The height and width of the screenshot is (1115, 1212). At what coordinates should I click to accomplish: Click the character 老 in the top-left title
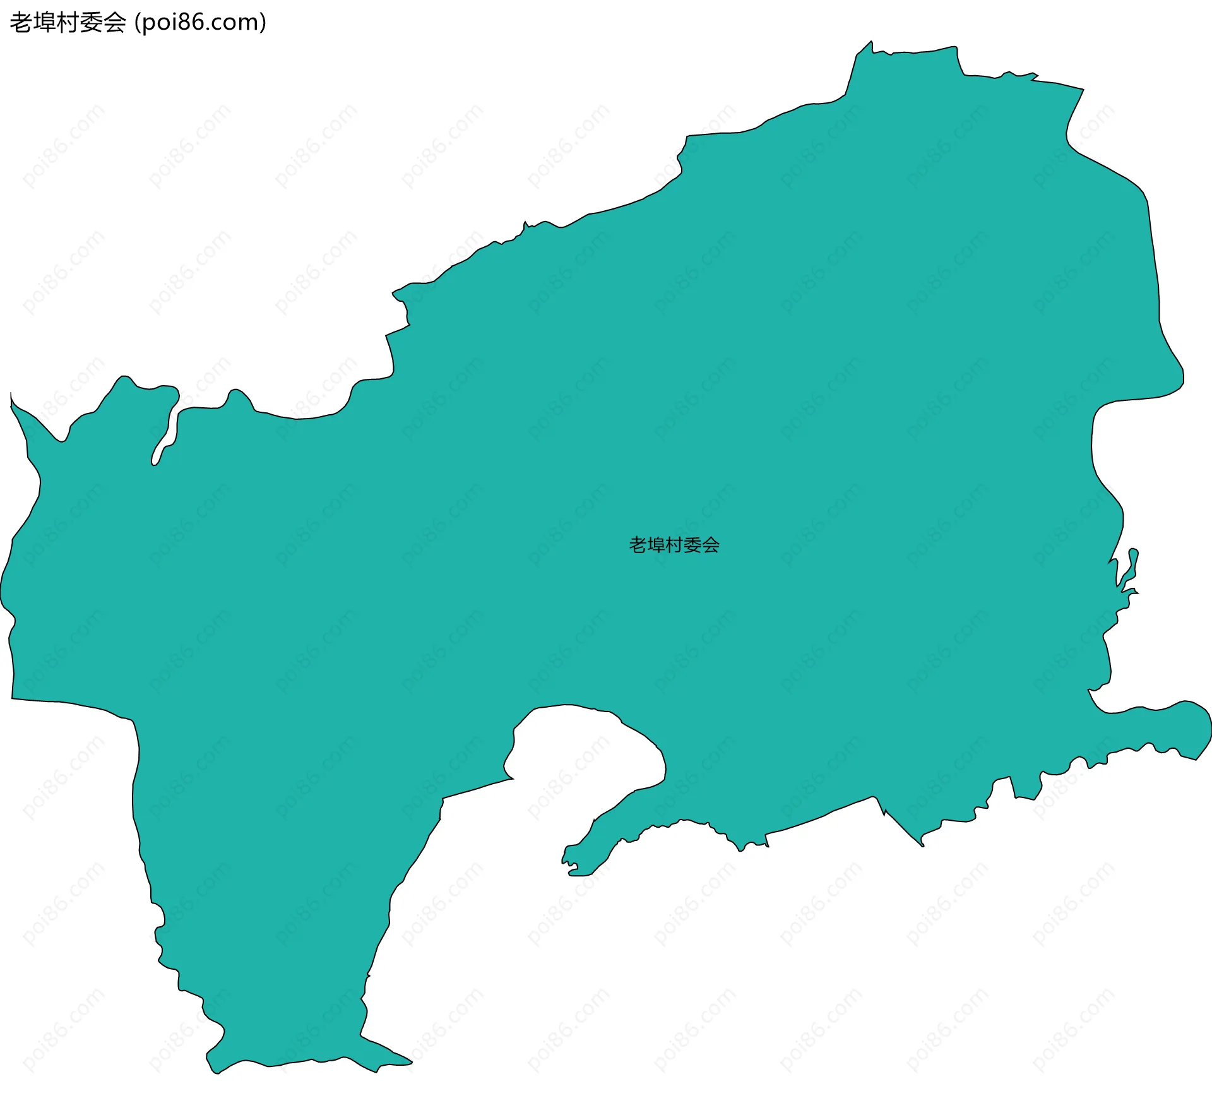click(x=21, y=23)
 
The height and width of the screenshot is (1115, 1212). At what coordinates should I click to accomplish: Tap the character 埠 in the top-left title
click(x=45, y=23)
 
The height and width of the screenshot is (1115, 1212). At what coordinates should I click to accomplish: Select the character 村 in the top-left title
click(x=68, y=23)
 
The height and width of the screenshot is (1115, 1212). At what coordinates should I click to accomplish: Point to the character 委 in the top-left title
click(x=92, y=23)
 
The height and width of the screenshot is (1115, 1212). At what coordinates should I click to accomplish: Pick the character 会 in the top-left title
click(x=115, y=23)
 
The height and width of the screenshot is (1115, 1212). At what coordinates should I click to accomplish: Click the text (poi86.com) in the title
click(x=201, y=23)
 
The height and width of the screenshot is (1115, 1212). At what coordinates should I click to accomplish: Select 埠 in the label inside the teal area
click(x=656, y=545)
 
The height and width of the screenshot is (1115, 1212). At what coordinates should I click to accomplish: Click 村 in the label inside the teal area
click(x=674, y=545)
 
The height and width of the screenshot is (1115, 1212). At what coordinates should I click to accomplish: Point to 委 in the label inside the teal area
click(x=692, y=545)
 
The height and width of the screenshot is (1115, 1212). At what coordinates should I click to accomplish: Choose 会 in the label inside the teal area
click(x=711, y=545)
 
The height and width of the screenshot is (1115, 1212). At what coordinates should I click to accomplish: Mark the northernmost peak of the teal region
click(x=870, y=44)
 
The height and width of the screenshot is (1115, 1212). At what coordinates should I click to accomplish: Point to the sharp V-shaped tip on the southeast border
click(x=921, y=843)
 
